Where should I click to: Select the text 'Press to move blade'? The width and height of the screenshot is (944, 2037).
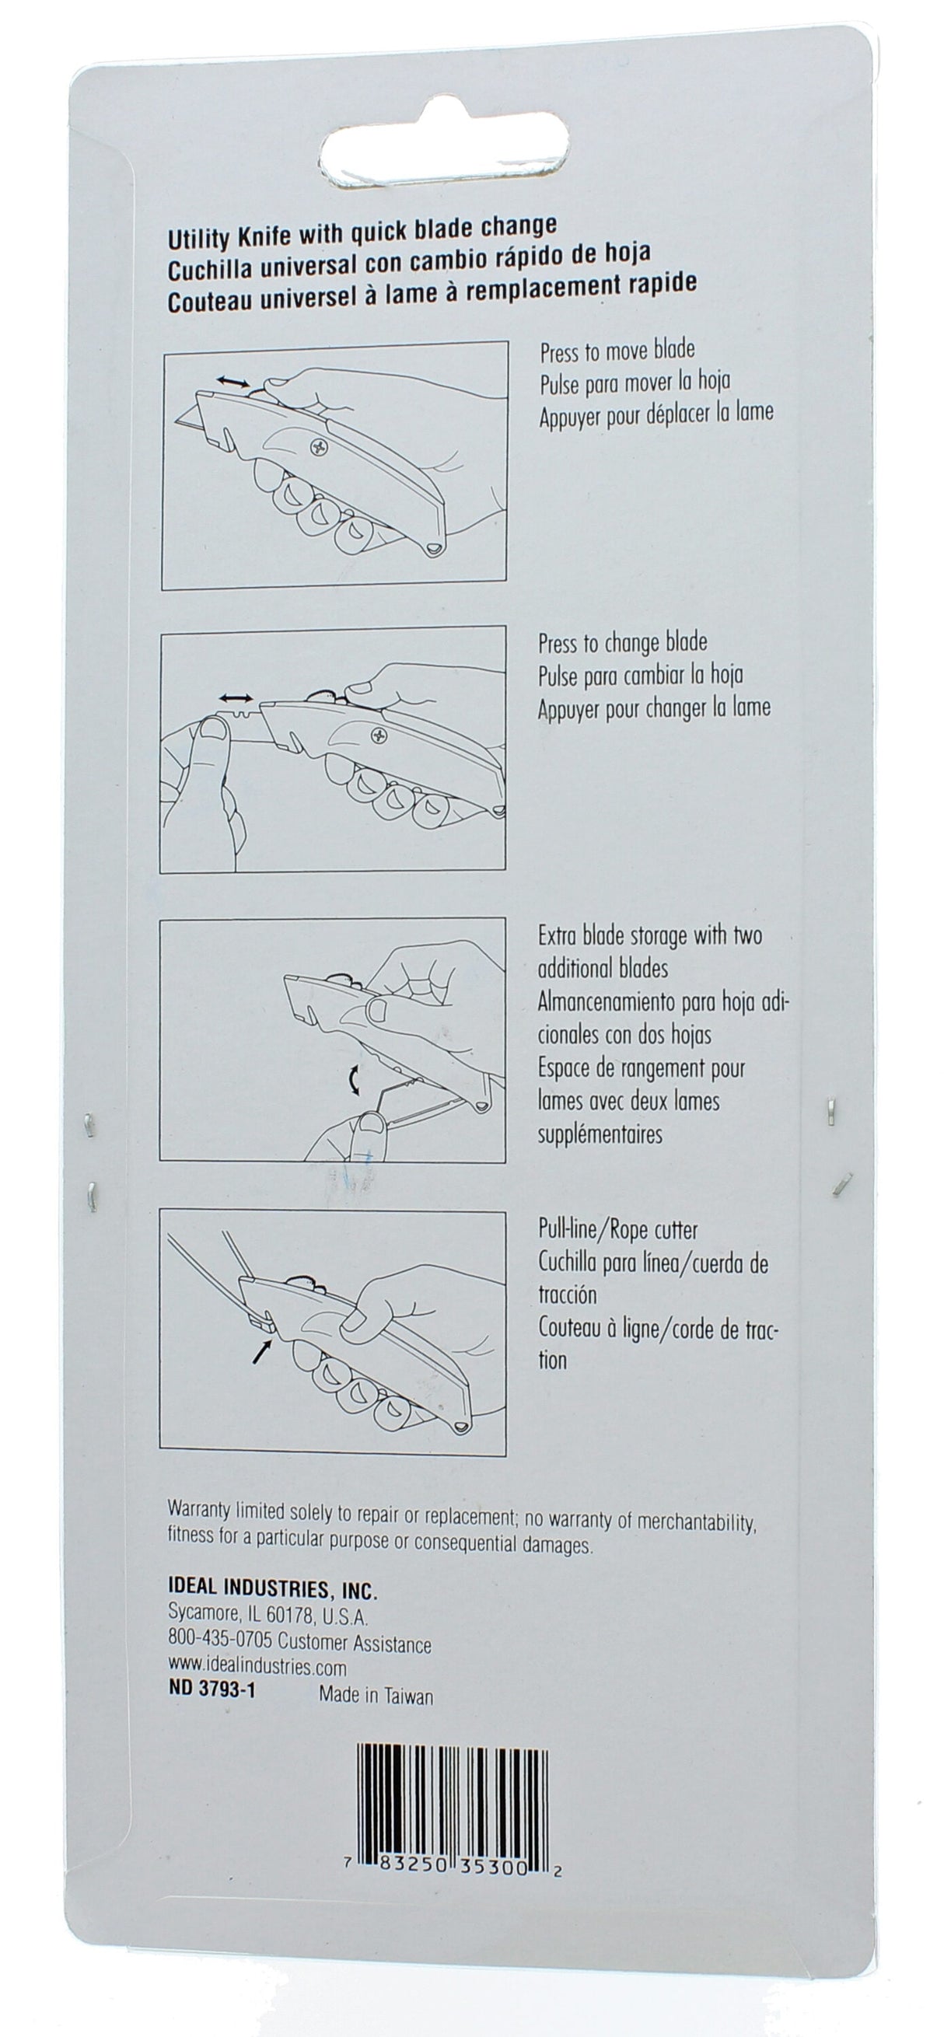pyautogui.click(x=617, y=351)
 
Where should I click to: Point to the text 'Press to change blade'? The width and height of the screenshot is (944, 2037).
pyautogui.click(x=622, y=643)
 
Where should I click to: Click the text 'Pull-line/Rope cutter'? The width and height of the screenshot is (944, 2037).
pyautogui.click(x=617, y=1231)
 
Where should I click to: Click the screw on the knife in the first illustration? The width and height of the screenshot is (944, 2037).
pyautogui.click(x=319, y=449)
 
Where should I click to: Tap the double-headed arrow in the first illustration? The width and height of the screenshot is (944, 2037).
pyautogui.click(x=232, y=382)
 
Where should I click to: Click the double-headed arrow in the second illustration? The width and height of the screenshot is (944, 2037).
pyautogui.click(x=236, y=698)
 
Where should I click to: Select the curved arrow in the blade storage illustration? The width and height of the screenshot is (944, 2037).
pyautogui.click(x=352, y=1078)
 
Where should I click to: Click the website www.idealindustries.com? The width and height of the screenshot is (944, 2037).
pyautogui.click(x=257, y=1668)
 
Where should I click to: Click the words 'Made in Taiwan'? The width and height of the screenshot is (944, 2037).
pyautogui.click(x=376, y=1696)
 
